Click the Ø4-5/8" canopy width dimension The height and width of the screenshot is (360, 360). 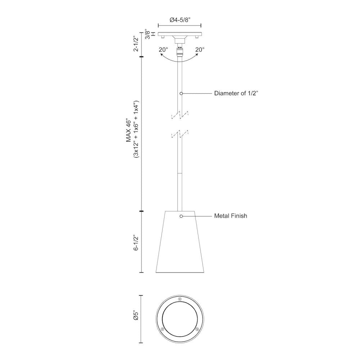[179, 21]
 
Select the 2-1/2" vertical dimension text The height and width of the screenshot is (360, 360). [136, 44]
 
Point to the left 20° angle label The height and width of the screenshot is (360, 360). [164, 50]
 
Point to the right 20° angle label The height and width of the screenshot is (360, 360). [200, 50]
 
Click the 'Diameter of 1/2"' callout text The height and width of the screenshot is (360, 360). [236, 93]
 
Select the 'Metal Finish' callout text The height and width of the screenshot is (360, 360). [230, 216]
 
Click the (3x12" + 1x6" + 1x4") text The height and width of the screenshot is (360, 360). [136, 130]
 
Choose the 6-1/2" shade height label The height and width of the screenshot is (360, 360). [136, 244]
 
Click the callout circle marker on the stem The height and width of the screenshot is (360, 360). [181, 93]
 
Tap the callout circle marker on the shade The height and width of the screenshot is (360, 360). [181, 216]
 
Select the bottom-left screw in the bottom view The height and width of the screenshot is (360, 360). [162, 329]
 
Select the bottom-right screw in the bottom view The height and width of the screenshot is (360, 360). [197, 329]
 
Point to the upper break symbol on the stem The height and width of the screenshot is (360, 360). [179, 115]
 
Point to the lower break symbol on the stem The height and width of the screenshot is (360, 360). [179, 134]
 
